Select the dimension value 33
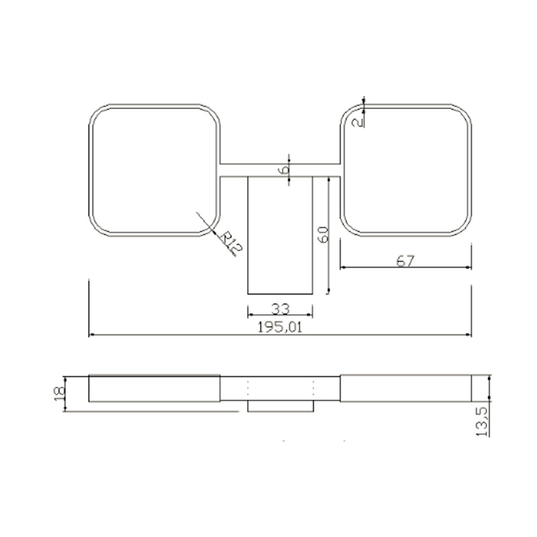(280, 309)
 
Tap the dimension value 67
(405, 261)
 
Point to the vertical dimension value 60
(323, 235)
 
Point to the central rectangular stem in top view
(280, 236)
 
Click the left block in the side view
(154, 389)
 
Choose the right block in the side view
(406, 389)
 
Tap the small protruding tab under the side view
(280, 407)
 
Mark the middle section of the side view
(280, 389)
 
